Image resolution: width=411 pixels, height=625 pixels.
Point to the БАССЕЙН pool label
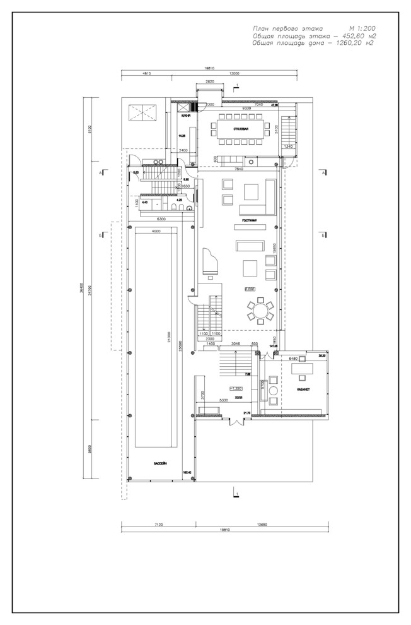pos(160,463)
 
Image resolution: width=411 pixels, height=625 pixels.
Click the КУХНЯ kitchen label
pos(185,117)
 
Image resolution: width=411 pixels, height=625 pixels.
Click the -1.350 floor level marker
pos(236,388)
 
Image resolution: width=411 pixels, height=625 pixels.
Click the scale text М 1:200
pos(362,29)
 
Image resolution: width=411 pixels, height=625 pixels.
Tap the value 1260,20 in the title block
pos(349,44)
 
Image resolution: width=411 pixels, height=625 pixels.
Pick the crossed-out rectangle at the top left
pos(141,113)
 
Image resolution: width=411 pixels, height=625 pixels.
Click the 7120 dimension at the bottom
pos(158,524)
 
